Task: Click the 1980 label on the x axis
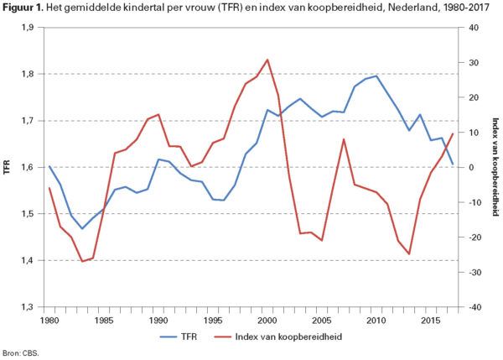[x=50, y=320]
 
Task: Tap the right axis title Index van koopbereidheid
[x=494, y=168]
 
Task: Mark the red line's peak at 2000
[x=267, y=60]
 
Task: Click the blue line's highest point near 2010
[x=376, y=76]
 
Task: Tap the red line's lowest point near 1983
[x=82, y=262]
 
